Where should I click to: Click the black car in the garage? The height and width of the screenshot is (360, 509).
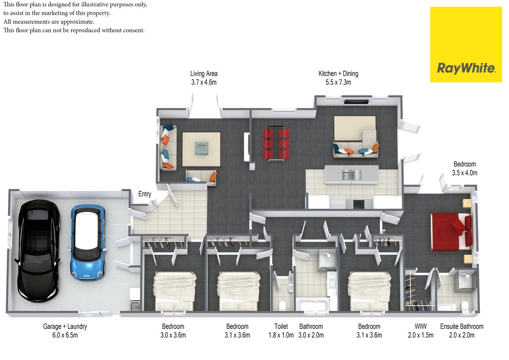coord(38,251)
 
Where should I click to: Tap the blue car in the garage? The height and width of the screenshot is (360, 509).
coord(88,242)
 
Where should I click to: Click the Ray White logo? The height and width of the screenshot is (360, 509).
coord(466,45)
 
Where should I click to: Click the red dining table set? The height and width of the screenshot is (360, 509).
coord(276,143)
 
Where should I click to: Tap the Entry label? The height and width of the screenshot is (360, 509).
coord(144,194)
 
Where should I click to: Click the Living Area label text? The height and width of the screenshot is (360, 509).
coord(204,74)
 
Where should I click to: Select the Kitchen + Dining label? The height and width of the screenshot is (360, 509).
coord(338,74)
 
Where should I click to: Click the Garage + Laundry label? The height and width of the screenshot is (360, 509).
coord(65,327)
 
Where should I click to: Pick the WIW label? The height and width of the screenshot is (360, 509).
coord(420,326)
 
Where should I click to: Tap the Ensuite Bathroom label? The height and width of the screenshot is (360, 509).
coord(462,326)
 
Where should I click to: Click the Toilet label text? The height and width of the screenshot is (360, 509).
coord(281,326)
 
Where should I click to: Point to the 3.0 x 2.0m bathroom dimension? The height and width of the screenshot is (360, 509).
coord(311,335)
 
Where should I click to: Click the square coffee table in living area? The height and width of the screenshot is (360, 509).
coord(201,148)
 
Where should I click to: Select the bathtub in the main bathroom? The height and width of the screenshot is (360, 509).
coord(313,305)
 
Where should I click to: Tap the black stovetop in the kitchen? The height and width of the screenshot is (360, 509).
coord(359,204)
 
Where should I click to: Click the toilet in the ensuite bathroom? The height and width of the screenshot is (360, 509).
coord(464,306)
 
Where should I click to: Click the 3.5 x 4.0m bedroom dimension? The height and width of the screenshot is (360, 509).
coord(464,173)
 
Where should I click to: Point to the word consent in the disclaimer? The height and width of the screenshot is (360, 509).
coord(134,30)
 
